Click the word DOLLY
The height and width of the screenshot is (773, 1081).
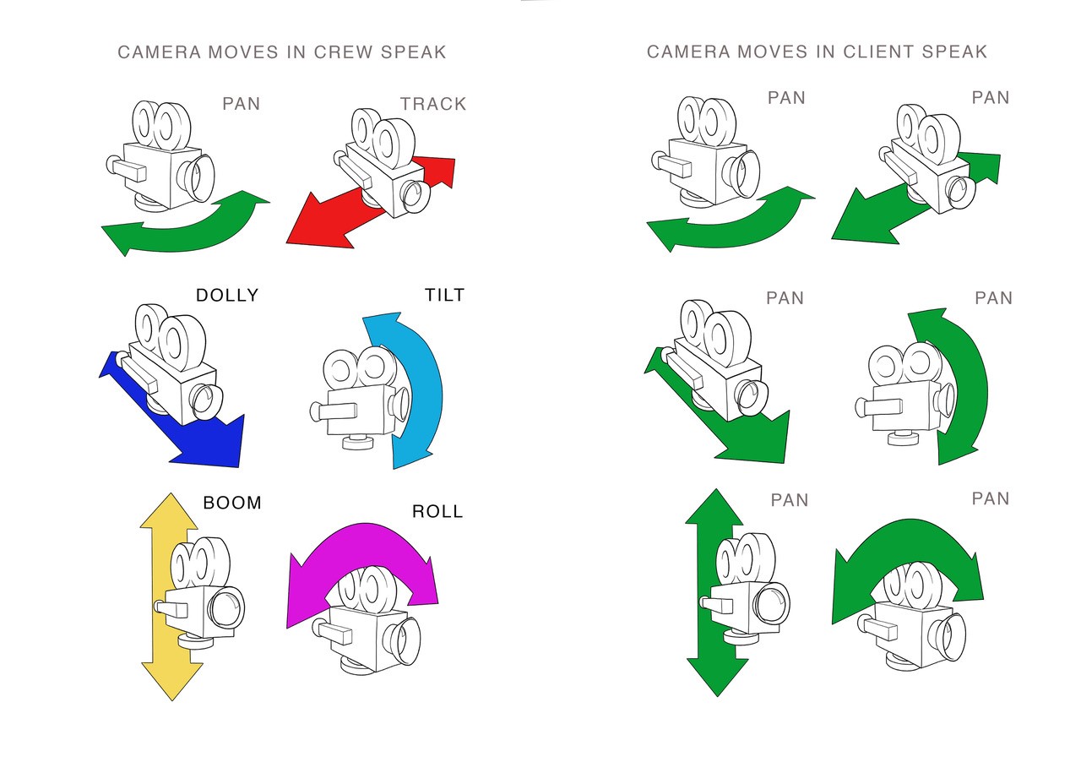point(226,295)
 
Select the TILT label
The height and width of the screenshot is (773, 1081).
point(445,295)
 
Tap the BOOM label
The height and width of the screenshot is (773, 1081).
point(232,503)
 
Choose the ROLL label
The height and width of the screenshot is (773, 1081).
point(437,511)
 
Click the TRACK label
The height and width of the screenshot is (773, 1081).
point(433,104)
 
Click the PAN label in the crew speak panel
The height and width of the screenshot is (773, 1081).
point(241,104)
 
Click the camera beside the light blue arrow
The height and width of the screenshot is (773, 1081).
point(359,397)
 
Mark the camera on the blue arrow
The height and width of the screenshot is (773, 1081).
point(173,363)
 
